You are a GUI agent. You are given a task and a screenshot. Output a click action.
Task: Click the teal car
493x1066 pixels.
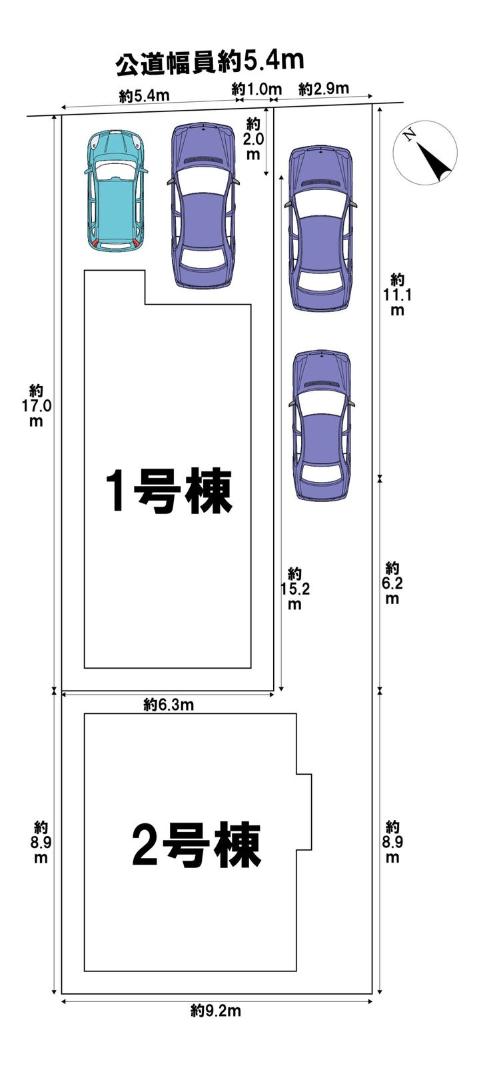[115, 189]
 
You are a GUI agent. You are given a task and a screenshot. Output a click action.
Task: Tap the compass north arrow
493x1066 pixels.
[434, 161]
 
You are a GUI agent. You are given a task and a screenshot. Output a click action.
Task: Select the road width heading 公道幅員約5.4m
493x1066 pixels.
[210, 63]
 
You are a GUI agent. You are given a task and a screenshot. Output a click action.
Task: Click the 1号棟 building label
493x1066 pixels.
[168, 491]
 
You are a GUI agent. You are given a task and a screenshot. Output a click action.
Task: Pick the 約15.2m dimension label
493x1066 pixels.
[294, 589]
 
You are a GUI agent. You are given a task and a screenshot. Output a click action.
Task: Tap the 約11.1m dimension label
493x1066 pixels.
[398, 295]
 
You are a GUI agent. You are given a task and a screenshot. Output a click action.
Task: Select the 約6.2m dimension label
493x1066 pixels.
[392, 583]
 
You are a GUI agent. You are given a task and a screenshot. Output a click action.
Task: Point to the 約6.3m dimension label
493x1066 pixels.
[169, 705]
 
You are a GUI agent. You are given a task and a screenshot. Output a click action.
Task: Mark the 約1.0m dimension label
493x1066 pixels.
[256, 89]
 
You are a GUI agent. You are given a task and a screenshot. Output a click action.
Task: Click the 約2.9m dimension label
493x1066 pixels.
[324, 89]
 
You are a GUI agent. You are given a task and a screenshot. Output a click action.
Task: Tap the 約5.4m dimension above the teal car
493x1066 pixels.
[145, 96]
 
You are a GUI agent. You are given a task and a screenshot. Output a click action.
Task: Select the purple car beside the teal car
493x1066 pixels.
[203, 205]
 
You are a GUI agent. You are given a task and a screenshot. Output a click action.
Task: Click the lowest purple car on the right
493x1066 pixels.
[322, 425]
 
